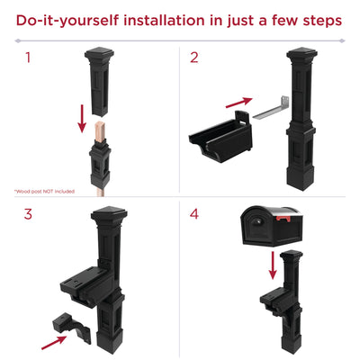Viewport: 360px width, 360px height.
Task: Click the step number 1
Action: pos(28,58)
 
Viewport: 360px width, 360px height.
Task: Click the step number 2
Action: pos(193,58)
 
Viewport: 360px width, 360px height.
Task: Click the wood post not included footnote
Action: pos(44,191)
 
